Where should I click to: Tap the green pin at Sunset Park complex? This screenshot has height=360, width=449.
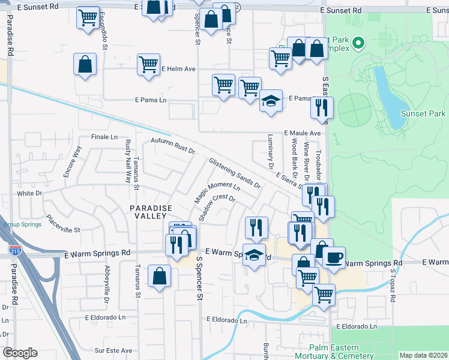pyautogui.click(x=358, y=42)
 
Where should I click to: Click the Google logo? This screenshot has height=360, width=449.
pyautogui.click(x=20, y=353)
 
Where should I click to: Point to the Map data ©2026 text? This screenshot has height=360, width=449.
pyautogui.click(x=423, y=355)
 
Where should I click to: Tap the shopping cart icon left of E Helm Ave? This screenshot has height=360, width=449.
pyautogui.click(x=148, y=64)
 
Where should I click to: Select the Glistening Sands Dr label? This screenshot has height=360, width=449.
pyautogui.click(x=235, y=173)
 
